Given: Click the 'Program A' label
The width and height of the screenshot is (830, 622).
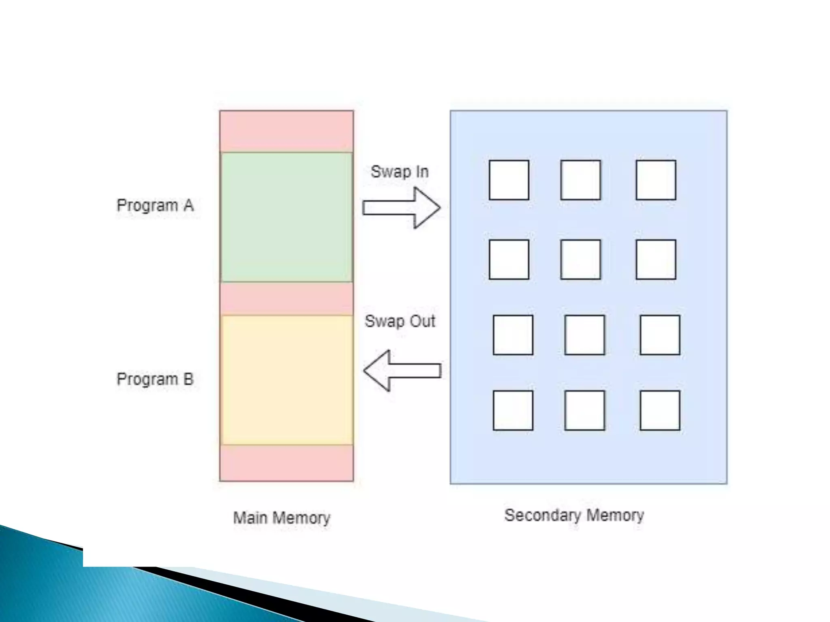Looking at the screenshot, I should pyautogui.click(x=155, y=205).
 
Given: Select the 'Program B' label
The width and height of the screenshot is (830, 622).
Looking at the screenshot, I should pyautogui.click(x=155, y=379).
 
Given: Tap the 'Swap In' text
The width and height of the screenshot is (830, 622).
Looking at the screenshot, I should pyautogui.click(x=400, y=172).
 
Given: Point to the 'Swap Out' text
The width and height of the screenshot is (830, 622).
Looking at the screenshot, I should pyautogui.click(x=400, y=322).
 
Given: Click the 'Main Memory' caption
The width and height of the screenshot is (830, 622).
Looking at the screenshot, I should pyautogui.click(x=282, y=518).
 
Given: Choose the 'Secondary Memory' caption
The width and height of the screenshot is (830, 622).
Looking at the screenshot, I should pyautogui.click(x=574, y=515).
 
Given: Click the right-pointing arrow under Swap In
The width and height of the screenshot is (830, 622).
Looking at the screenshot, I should pyautogui.click(x=401, y=208).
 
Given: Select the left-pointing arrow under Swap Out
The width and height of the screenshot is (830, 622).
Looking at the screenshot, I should pyautogui.click(x=402, y=371).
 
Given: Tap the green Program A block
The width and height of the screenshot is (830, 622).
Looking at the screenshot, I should pyautogui.click(x=287, y=217).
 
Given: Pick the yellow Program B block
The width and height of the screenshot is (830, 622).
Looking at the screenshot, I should pyautogui.click(x=287, y=380).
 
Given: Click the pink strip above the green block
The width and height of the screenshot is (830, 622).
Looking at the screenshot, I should pyautogui.click(x=287, y=131).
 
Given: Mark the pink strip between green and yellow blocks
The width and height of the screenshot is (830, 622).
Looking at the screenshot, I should pyautogui.click(x=287, y=298).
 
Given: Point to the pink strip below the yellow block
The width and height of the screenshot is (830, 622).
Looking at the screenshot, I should pyautogui.click(x=287, y=463).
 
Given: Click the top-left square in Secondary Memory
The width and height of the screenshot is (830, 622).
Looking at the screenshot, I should pyautogui.click(x=509, y=180).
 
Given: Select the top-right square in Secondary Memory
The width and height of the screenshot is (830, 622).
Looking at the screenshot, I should pyautogui.click(x=656, y=180).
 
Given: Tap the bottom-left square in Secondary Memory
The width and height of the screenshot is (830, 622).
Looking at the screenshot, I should pyautogui.click(x=513, y=410).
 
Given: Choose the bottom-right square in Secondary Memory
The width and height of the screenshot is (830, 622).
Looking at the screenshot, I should pyautogui.click(x=660, y=410).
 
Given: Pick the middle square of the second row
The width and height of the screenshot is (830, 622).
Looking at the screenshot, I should pyautogui.click(x=580, y=259).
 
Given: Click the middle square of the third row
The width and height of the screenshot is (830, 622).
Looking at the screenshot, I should pyautogui.click(x=584, y=335).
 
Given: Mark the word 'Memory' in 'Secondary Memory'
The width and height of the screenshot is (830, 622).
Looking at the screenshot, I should pyautogui.click(x=615, y=515).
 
